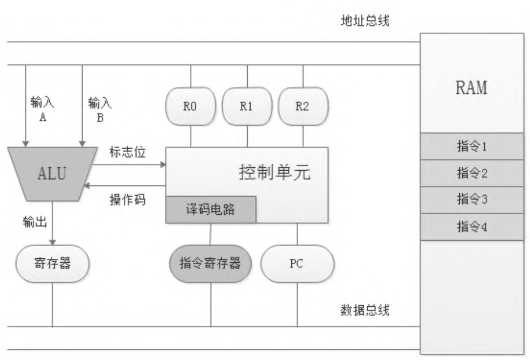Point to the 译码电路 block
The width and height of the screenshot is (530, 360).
[x=211, y=210]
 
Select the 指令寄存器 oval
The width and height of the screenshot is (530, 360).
[x=210, y=263]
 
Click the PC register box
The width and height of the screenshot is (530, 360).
[x=297, y=263]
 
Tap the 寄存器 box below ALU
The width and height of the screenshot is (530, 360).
[x=52, y=263]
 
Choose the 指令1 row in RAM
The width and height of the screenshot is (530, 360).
[x=471, y=148]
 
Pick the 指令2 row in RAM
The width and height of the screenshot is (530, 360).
[x=471, y=174]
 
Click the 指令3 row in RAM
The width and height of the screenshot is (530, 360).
[x=471, y=199]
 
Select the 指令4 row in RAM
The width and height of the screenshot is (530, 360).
[x=471, y=226]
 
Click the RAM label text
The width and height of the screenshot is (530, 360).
[x=471, y=88]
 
